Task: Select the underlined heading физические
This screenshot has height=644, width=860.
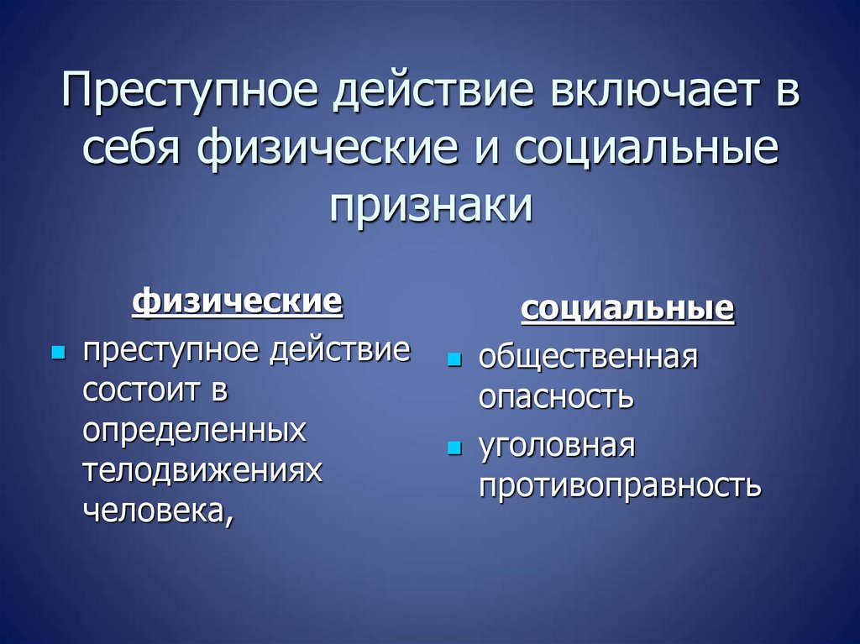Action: coord(238,301)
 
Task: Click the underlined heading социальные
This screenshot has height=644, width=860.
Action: coord(627,310)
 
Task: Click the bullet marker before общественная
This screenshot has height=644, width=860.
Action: coord(454,359)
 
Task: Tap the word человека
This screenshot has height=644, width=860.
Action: coord(155,510)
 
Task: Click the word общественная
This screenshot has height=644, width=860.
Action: coord(588,358)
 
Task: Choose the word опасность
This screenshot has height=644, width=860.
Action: coord(555,397)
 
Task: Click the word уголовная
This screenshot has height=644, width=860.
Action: coord(555,446)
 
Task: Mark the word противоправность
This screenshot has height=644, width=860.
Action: coord(620,485)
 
